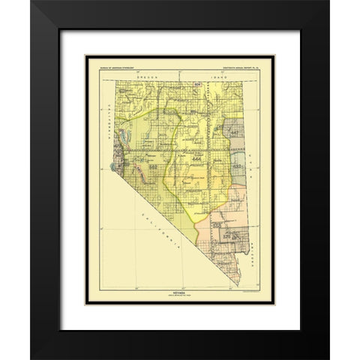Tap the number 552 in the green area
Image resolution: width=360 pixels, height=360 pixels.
click(152, 166)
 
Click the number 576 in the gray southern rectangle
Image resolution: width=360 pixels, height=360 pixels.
click(225, 237)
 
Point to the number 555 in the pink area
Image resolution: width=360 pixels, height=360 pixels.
click(215, 223)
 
